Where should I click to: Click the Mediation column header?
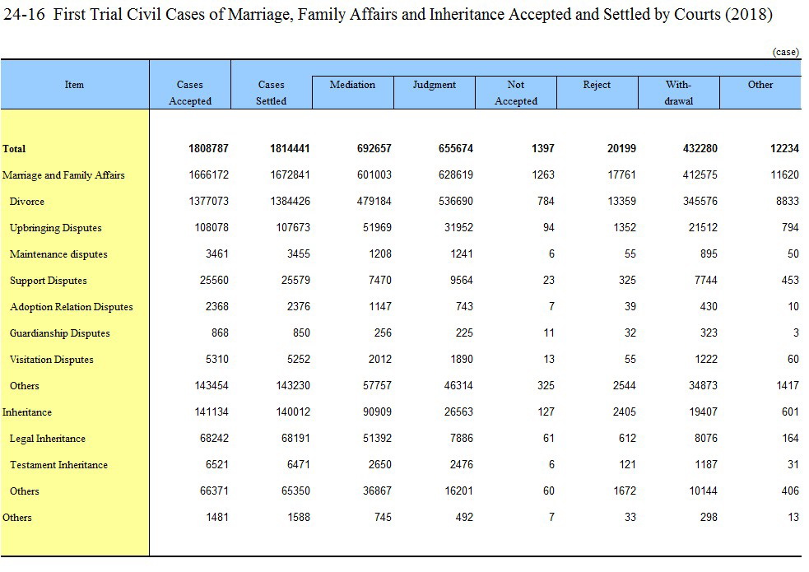click(x=352, y=85)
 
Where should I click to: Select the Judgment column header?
click(x=434, y=85)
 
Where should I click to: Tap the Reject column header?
click(x=597, y=85)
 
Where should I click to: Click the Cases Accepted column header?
click(x=190, y=93)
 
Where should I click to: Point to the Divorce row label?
click(x=27, y=202)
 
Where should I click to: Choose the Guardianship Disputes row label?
click(x=60, y=333)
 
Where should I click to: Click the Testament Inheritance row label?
click(x=58, y=465)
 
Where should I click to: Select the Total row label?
click(x=14, y=149)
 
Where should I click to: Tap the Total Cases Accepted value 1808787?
click(x=208, y=148)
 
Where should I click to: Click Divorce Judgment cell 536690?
click(x=456, y=201)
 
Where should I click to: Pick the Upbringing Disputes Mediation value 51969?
click(x=377, y=227)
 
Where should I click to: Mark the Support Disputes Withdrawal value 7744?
click(x=706, y=280)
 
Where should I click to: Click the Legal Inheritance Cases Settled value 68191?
click(x=295, y=438)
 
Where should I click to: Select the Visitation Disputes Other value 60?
click(x=793, y=359)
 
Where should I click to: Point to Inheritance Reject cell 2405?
click(x=625, y=412)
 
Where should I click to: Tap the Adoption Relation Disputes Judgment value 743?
click(x=464, y=306)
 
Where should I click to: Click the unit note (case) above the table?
click(x=786, y=52)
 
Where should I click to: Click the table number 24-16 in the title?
click(x=24, y=14)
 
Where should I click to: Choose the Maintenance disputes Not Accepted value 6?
click(x=551, y=253)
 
